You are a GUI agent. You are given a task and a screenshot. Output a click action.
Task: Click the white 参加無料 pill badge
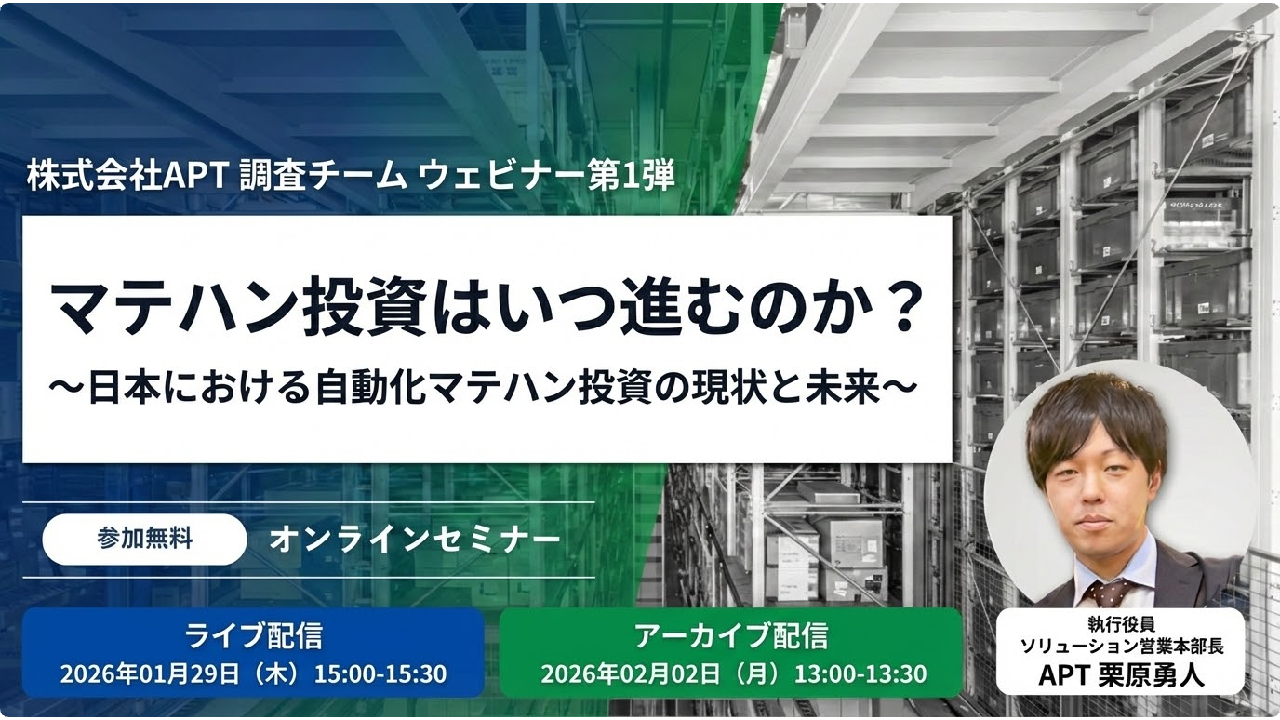pyautogui.click(x=144, y=540)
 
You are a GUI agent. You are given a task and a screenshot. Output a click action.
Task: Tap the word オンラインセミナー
pyautogui.click(x=415, y=540)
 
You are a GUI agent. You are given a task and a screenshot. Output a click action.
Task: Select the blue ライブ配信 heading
pyautogui.click(x=253, y=636)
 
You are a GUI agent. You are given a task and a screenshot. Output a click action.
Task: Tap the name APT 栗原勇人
pyautogui.click(x=1121, y=675)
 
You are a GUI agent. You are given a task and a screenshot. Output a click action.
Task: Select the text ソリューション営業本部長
pyautogui.click(x=1121, y=646)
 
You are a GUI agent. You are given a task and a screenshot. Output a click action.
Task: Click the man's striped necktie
pyautogui.click(x=1110, y=593)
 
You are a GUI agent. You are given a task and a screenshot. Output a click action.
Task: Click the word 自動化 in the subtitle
pyautogui.click(x=393, y=388)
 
